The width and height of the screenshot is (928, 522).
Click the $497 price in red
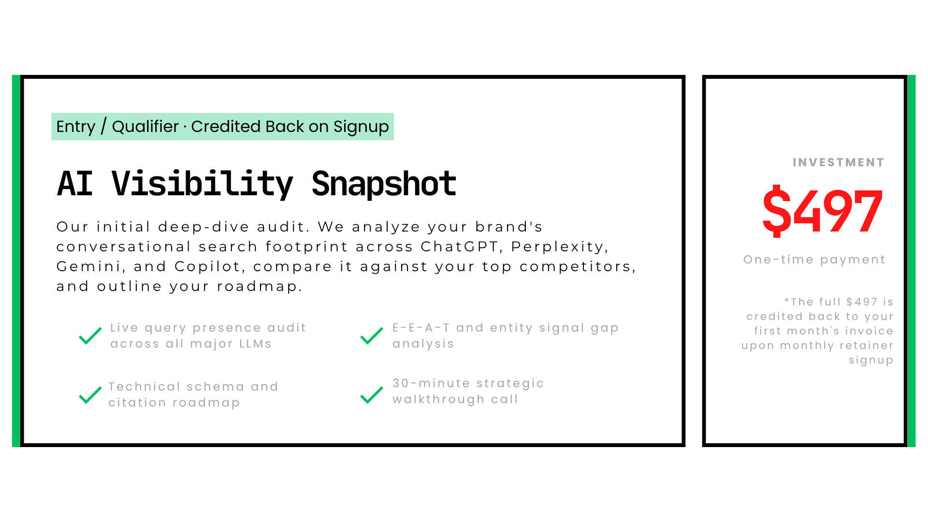click(823, 211)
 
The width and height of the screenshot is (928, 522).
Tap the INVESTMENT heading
click(839, 162)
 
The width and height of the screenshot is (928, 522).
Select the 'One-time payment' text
click(814, 260)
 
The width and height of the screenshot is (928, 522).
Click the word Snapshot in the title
click(384, 184)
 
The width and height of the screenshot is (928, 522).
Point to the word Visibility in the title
click(203, 184)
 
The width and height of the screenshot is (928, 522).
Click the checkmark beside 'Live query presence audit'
click(90, 336)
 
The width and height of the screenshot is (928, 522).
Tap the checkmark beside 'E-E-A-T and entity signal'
click(372, 336)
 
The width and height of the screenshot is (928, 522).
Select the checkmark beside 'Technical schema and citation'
click(90, 395)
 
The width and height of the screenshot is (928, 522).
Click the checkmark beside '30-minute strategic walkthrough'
click(372, 395)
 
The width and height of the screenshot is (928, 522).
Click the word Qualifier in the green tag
click(145, 127)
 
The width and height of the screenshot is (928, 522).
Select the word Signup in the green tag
click(361, 127)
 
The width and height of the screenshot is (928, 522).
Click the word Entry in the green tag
click(76, 127)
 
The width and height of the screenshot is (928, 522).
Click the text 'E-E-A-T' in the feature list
click(421, 328)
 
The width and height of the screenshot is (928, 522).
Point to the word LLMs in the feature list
click(256, 344)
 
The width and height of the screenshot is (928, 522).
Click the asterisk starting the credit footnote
click(787, 301)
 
